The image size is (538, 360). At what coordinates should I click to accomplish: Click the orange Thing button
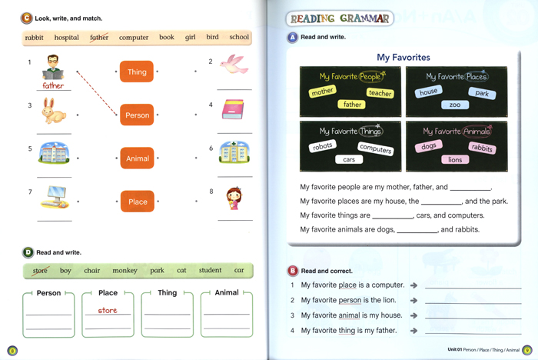click(x=137, y=72)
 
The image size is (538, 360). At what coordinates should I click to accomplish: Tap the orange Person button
click(x=137, y=115)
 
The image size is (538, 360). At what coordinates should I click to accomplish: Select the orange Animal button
click(x=137, y=158)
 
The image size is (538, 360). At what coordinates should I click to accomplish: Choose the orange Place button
click(x=137, y=202)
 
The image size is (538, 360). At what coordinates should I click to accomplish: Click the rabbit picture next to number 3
click(x=53, y=112)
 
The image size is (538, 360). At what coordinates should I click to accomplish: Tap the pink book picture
click(x=232, y=109)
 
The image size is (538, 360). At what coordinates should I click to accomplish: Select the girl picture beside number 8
click(x=234, y=198)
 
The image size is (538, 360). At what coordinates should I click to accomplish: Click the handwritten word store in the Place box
click(x=108, y=311)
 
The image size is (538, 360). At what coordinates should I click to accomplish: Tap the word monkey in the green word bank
click(x=125, y=271)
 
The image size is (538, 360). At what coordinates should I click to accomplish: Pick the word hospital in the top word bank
click(x=67, y=38)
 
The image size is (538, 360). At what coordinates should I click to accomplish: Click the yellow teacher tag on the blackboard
click(x=380, y=93)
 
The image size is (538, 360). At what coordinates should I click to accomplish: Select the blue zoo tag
click(x=455, y=105)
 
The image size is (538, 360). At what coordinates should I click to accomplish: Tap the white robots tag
click(x=323, y=146)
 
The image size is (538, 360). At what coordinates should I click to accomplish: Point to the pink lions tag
click(x=456, y=160)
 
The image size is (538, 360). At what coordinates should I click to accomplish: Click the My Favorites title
click(x=403, y=58)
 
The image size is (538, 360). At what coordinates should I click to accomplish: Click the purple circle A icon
click(x=292, y=37)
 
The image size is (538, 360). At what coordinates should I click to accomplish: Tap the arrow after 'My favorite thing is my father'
click(x=413, y=331)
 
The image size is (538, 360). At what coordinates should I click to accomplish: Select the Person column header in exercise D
click(x=48, y=293)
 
